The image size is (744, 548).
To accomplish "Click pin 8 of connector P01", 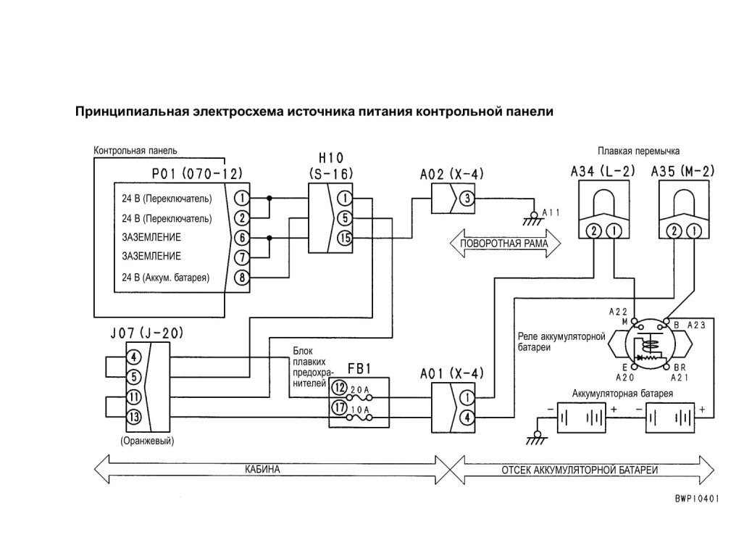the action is [x=242, y=278].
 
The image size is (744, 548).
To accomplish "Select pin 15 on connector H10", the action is [x=345, y=238].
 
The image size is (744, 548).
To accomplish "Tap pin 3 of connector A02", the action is [x=467, y=198].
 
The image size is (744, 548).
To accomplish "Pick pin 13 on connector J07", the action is [x=134, y=417].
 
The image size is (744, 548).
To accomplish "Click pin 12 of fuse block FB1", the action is [x=339, y=388].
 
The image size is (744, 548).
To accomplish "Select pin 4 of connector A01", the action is [x=467, y=418].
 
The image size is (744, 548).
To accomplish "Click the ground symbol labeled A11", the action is [x=533, y=220].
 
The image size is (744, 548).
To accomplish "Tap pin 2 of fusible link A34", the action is [x=594, y=231].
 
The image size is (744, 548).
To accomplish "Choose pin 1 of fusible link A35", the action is [x=694, y=231].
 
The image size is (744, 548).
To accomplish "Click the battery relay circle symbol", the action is [x=650, y=345].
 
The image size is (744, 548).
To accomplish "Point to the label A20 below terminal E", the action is [x=624, y=378].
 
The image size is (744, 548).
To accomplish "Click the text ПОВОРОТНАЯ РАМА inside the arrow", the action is [x=504, y=244].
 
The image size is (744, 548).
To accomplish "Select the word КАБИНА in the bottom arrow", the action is [x=262, y=470].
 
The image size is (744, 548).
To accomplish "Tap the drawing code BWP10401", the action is [x=697, y=499].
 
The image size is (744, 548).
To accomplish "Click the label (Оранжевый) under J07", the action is [x=147, y=441].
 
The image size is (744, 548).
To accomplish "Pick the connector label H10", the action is [x=330, y=157].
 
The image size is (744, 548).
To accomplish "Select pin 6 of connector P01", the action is [x=242, y=238].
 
